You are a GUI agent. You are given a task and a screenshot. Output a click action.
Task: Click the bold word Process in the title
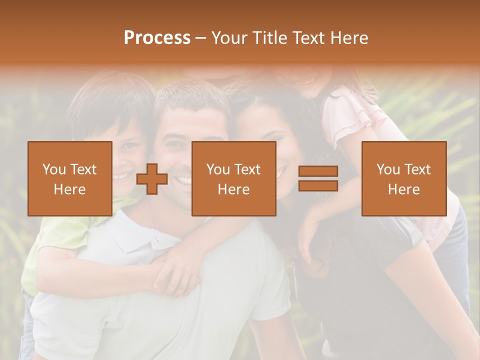[157, 38]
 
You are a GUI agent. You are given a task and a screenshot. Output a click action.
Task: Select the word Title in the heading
[270, 38]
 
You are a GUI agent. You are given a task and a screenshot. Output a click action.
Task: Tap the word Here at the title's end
[348, 38]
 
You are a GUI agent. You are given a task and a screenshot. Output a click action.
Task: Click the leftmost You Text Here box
[70, 179]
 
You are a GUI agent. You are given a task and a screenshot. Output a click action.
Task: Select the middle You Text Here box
[233, 179]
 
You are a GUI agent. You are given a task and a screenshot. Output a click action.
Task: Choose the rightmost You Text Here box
[403, 179]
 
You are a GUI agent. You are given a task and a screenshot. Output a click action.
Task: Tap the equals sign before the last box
[318, 179]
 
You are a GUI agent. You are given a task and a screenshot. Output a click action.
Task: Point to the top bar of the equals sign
[318, 171]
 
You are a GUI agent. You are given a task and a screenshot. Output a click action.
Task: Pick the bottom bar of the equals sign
[318, 186]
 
